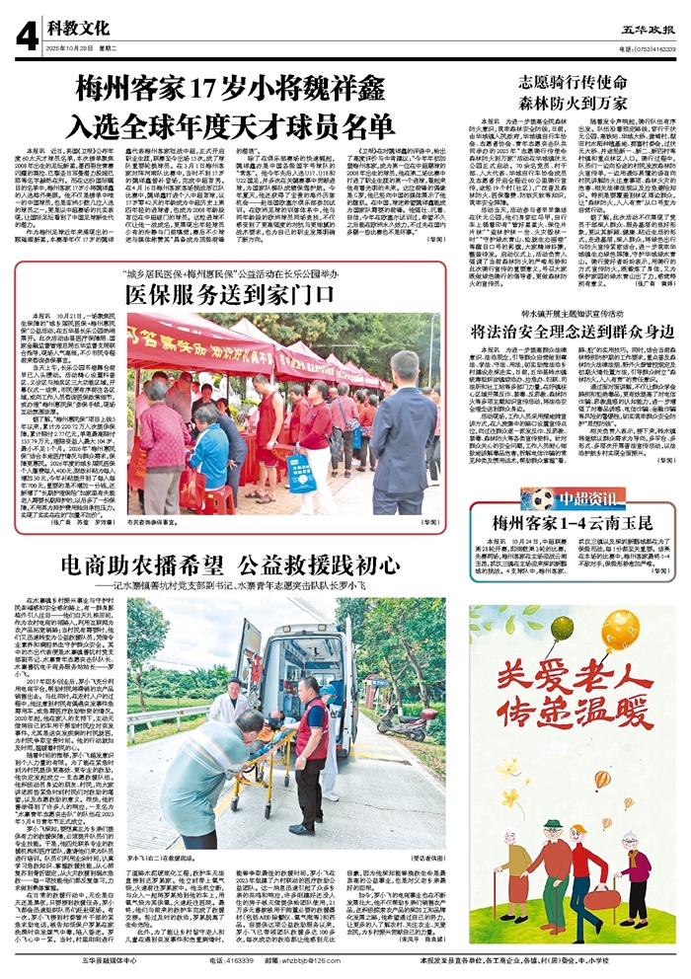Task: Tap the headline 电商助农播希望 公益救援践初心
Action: [x=237, y=565]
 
